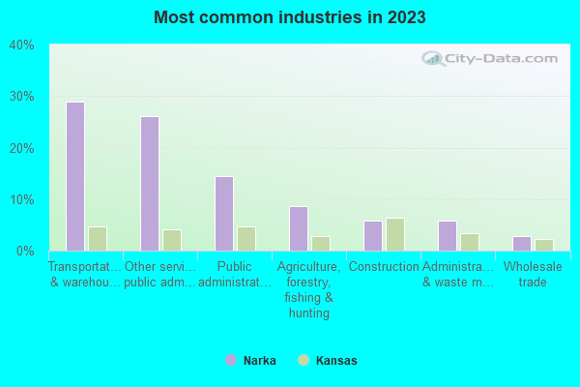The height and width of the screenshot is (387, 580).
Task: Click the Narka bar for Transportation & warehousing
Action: click(x=74, y=176)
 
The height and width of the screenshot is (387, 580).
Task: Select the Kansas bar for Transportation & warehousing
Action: click(x=97, y=239)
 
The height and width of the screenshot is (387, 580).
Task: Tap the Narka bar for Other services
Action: click(x=149, y=184)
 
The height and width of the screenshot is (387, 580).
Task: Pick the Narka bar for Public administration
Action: click(x=223, y=214)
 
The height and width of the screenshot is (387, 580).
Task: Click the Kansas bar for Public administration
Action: click(x=246, y=239)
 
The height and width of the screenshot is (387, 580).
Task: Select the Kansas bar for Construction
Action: click(x=394, y=234)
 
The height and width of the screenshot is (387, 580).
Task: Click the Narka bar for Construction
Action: click(x=372, y=236)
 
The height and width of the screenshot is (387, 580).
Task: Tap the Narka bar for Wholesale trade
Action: click(x=521, y=244)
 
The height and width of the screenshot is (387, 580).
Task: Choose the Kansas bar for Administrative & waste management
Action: click(x=469, y=242)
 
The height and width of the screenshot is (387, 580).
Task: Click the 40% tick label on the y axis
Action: click(x=21, y=45)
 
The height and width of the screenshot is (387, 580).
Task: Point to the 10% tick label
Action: click(x=21, y=200)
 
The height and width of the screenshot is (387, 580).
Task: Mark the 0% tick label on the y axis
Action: click(x=24, y=252)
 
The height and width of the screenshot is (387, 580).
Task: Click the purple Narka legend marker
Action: click(x=230, y=361)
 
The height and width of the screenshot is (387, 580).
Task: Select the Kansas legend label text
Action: click(x=335, y=361)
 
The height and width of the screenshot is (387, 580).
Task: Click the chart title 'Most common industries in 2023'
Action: click(x=289, y=17)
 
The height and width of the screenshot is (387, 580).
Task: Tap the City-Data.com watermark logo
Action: click(x=493, y=58)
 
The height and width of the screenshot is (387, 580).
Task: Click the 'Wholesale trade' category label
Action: click(x=533, y=274)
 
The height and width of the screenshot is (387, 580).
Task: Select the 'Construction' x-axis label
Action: click(x=384, y=267)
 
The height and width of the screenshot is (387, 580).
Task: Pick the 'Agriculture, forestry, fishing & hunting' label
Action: click(x=308, y=289)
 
